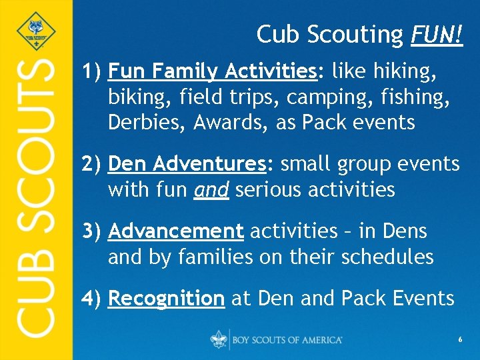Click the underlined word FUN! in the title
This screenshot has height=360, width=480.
point(435,35)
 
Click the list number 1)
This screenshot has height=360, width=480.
point(91,70)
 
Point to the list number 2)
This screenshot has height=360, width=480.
point(91,163)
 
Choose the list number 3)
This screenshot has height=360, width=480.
point(91,231)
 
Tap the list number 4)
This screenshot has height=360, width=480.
point(91,298)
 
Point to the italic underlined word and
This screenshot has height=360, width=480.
point(211,190)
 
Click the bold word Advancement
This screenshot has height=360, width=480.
point(175,231)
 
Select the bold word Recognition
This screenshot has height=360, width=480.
point(166,298)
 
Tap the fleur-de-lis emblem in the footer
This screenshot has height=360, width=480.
point(218,339)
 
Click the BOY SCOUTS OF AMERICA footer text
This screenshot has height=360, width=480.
point(287,340)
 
